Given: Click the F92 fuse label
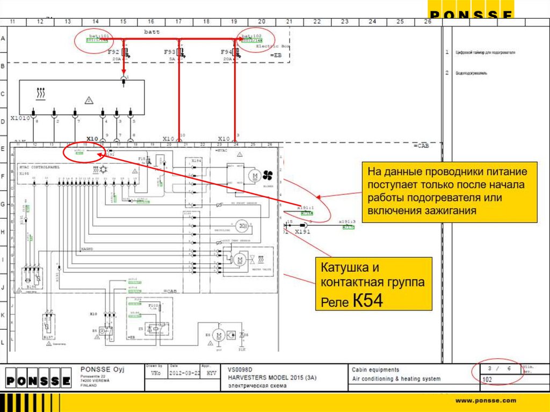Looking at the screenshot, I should (x=113, y=52).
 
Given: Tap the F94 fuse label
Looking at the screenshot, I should (x=226, y=52).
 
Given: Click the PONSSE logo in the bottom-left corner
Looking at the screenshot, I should (x=38, y=381).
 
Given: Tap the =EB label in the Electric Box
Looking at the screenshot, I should (x=276, y=55).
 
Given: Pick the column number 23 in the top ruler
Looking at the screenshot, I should (x=344, y=21).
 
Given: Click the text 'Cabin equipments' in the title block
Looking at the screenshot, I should (x=375, y=370).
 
